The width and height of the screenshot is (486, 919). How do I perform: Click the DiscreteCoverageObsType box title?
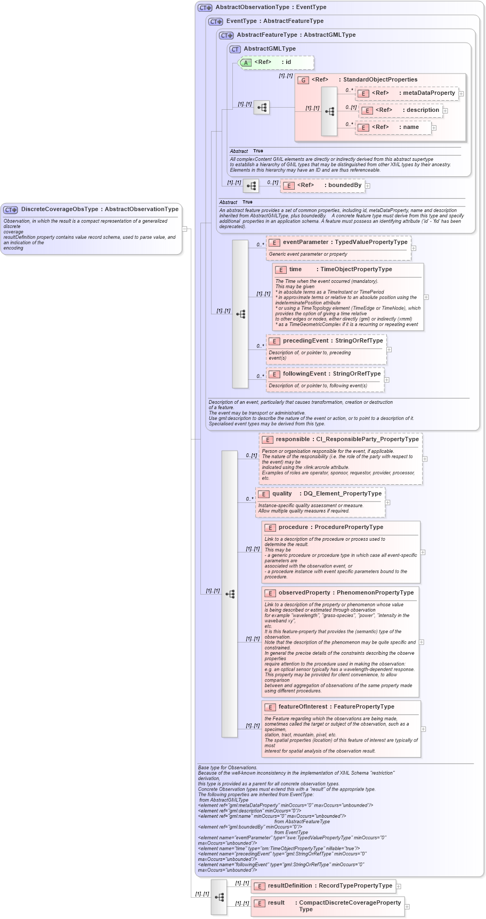[x=99, y=209]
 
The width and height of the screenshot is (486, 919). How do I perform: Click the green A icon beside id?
[x=246, y=63]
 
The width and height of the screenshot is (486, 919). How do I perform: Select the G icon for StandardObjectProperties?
[x=303, y=80]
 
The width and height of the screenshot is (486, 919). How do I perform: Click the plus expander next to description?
[x=446, y=111]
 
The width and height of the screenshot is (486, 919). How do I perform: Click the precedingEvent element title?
[x=332, y=340]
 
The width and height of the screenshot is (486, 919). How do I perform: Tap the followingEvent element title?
[x=331, y=373]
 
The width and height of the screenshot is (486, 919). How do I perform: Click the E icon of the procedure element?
[x=270, y=527]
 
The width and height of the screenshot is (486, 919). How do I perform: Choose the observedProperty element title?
[x=345, y=592]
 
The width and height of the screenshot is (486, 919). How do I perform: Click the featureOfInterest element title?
[x=336, y=706]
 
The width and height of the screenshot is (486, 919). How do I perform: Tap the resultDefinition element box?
[x=323, y=886]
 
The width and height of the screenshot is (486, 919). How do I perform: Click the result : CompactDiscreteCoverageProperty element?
[x=327, y=906]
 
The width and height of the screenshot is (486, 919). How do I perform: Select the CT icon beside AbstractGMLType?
[x=235, y=49]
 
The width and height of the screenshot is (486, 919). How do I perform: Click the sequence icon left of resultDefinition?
[x=219, y=897]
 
